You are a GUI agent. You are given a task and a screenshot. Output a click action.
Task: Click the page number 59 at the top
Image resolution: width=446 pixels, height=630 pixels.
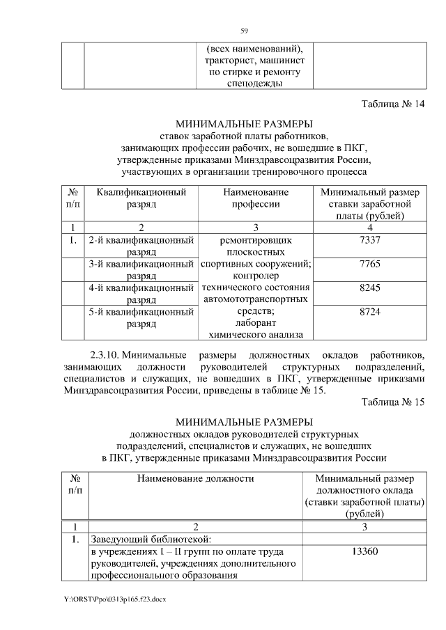tap(244, 31)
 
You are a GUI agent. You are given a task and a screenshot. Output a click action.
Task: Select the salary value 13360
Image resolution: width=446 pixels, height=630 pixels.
tap(365, 552)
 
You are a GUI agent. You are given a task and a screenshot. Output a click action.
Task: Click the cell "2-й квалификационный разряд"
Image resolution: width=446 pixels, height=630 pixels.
tap(141, 246)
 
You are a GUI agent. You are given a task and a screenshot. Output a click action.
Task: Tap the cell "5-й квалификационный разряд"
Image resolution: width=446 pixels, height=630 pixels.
tap(141, 318)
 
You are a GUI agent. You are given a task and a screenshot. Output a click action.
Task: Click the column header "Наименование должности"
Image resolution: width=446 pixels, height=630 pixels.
tap(196, 479)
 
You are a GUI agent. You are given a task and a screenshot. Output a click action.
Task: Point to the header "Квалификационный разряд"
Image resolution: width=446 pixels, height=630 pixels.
tap(141, 198)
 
